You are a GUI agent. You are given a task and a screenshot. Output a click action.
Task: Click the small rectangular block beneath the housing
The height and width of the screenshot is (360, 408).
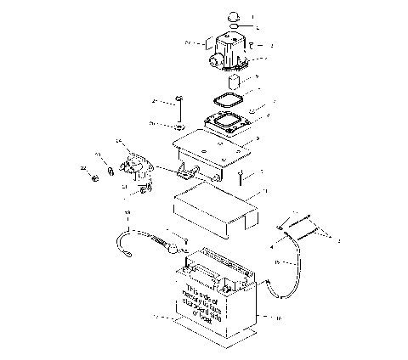tap(238, 84)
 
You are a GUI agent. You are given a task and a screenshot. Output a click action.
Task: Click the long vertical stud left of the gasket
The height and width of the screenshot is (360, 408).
tap(179, 110)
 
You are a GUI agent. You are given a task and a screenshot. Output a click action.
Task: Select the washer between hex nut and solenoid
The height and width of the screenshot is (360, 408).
tap(110, 173)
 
